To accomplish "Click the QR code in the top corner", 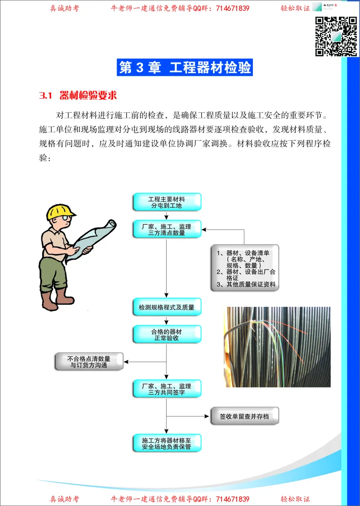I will tap(336, 36).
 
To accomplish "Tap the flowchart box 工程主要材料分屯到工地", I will tap(167, 202).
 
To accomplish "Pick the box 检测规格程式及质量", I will tap(167, 307).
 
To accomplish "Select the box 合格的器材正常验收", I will tap(167, 335).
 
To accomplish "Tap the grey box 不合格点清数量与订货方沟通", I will tap(89, 362).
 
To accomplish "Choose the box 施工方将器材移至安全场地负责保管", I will tap(167, 443).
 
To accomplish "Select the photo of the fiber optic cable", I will tap(278, 347).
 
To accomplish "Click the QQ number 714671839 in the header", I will tap(233, 9).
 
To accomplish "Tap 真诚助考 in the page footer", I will tap(64, 499).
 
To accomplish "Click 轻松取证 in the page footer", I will tap(295, 499).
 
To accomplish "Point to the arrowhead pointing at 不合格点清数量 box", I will tap(126, 362).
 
